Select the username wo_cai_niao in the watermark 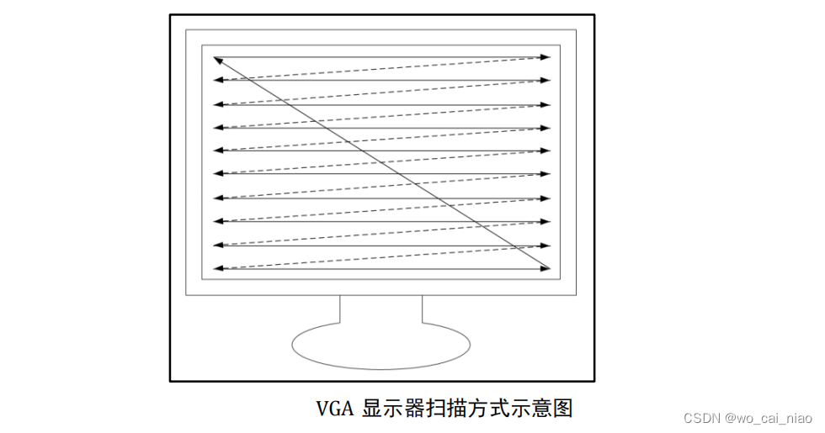[774, 418]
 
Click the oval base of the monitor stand [381, 344]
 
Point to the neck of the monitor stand [381, 309]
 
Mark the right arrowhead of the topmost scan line [546, 57]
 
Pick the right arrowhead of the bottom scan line [546, 269]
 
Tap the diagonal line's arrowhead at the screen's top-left [219, 61]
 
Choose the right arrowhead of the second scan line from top [546, 81]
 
